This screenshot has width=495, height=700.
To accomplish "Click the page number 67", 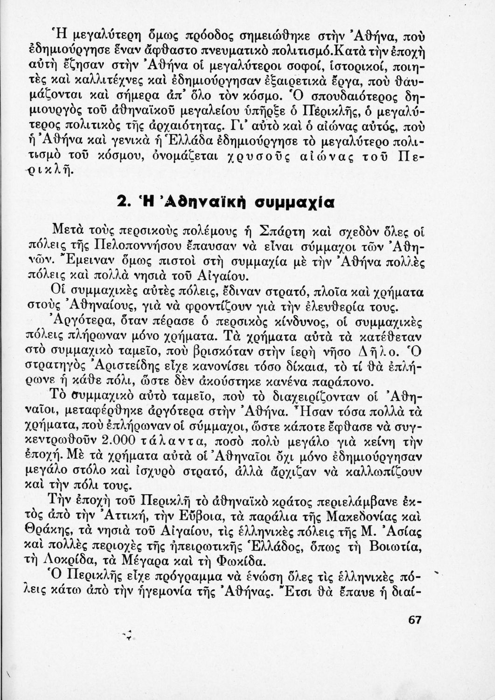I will point(414,620).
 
